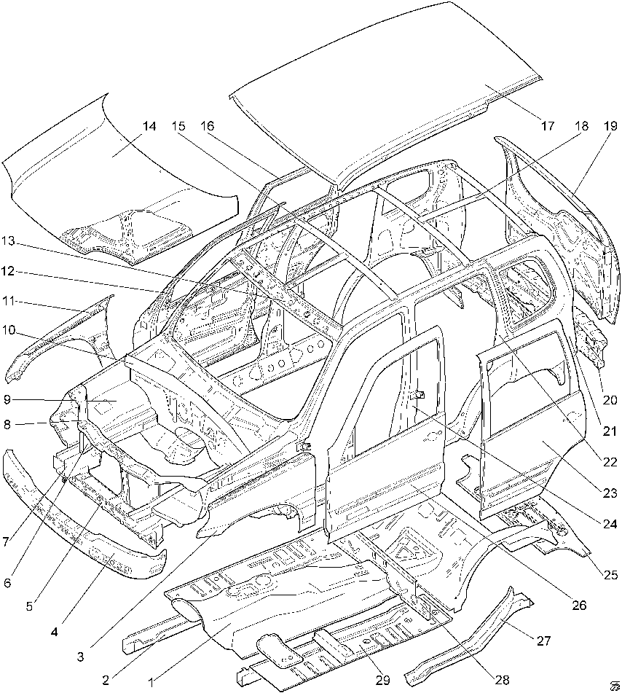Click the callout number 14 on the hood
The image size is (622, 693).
click(x=149, y=126)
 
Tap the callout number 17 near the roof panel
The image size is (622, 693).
click(x=547, y=126)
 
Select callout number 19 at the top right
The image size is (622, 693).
click(x=610, y=126)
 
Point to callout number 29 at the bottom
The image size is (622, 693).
click(x=383, y=679)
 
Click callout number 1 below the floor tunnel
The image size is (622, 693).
click(x=151, y=682)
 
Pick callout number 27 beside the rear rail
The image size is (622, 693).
click(x=544, y=640)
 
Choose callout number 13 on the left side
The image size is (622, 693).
click(x=8, y=241)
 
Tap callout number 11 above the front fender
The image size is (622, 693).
click(x=8, y=302)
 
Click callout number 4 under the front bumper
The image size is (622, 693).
click(x=54, y=632)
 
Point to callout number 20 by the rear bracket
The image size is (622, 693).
click(x=610, y=400)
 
